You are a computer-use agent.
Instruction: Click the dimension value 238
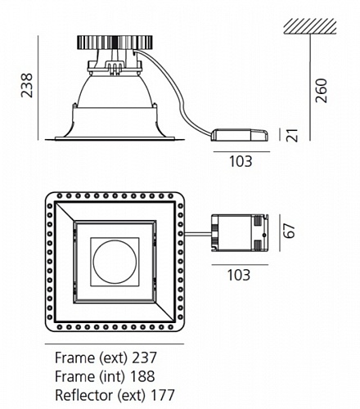click(27, 85)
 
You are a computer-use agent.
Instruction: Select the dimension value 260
click(321, 91)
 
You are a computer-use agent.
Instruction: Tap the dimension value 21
click(292, 135)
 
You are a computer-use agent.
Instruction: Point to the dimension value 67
click(290, 231)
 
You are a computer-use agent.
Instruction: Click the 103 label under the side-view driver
click(241, 161)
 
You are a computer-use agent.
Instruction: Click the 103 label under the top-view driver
click(239, 275)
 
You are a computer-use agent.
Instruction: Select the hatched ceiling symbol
click(310, 26)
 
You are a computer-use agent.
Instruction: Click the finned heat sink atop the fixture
click(115, 43)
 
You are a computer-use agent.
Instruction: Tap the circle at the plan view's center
click(115, 262)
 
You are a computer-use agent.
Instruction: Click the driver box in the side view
click(240, 135)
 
